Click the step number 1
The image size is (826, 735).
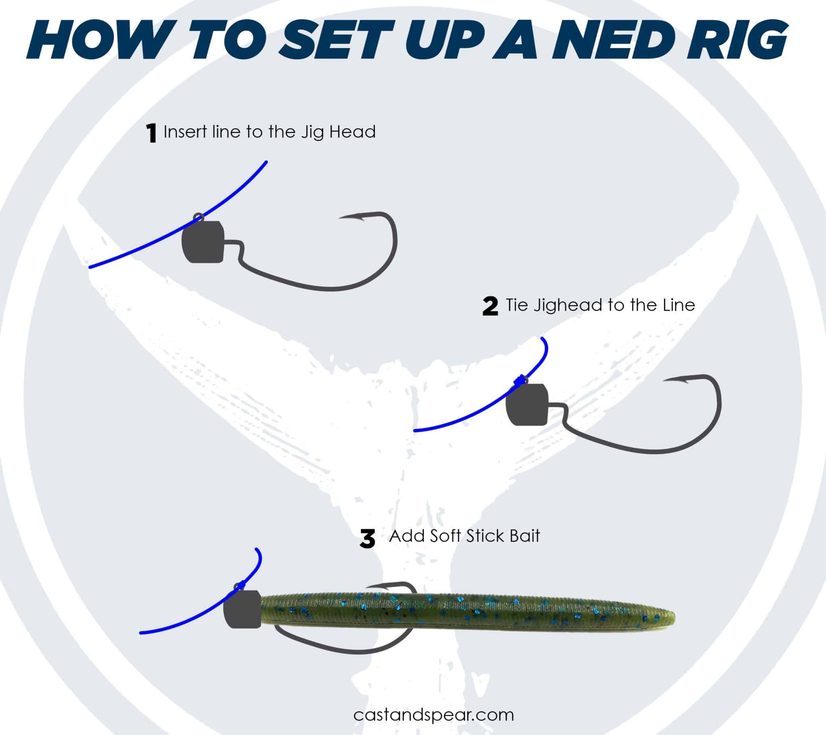[151, 134]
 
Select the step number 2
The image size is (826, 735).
[490, 306]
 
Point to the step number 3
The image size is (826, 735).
[367, 539]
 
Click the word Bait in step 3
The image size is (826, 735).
[524, 536]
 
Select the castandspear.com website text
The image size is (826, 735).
[433, 714]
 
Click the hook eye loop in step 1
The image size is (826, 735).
[198, 217]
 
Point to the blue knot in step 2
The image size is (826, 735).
[521, 380]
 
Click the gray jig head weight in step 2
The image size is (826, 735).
[527, 405]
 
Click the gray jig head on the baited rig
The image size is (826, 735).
[242, 609]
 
